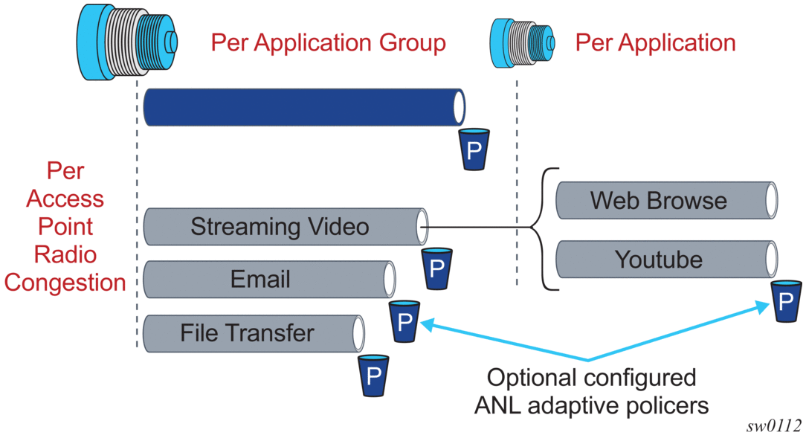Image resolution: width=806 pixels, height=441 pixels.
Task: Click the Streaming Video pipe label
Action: [280, 226]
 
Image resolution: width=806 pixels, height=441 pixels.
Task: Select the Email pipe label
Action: [260, 279]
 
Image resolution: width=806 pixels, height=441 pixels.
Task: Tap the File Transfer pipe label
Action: [247, 332]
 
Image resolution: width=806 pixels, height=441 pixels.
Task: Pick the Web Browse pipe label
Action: [659, 200]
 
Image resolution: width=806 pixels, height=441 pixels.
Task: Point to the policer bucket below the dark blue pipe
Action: [474, 149]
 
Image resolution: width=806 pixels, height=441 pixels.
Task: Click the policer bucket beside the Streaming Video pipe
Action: [436, 268]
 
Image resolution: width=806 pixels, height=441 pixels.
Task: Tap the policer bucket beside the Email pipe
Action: [404, 321]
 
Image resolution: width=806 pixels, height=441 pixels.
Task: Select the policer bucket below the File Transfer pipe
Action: [373, 375]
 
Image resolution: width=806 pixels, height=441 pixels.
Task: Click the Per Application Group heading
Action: [328, 42]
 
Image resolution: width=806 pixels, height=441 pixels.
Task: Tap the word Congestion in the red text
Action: [65, 283]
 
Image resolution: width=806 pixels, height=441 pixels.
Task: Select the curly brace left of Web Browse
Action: [547, 229]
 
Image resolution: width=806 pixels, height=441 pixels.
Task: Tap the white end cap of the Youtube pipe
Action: [771, 260]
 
